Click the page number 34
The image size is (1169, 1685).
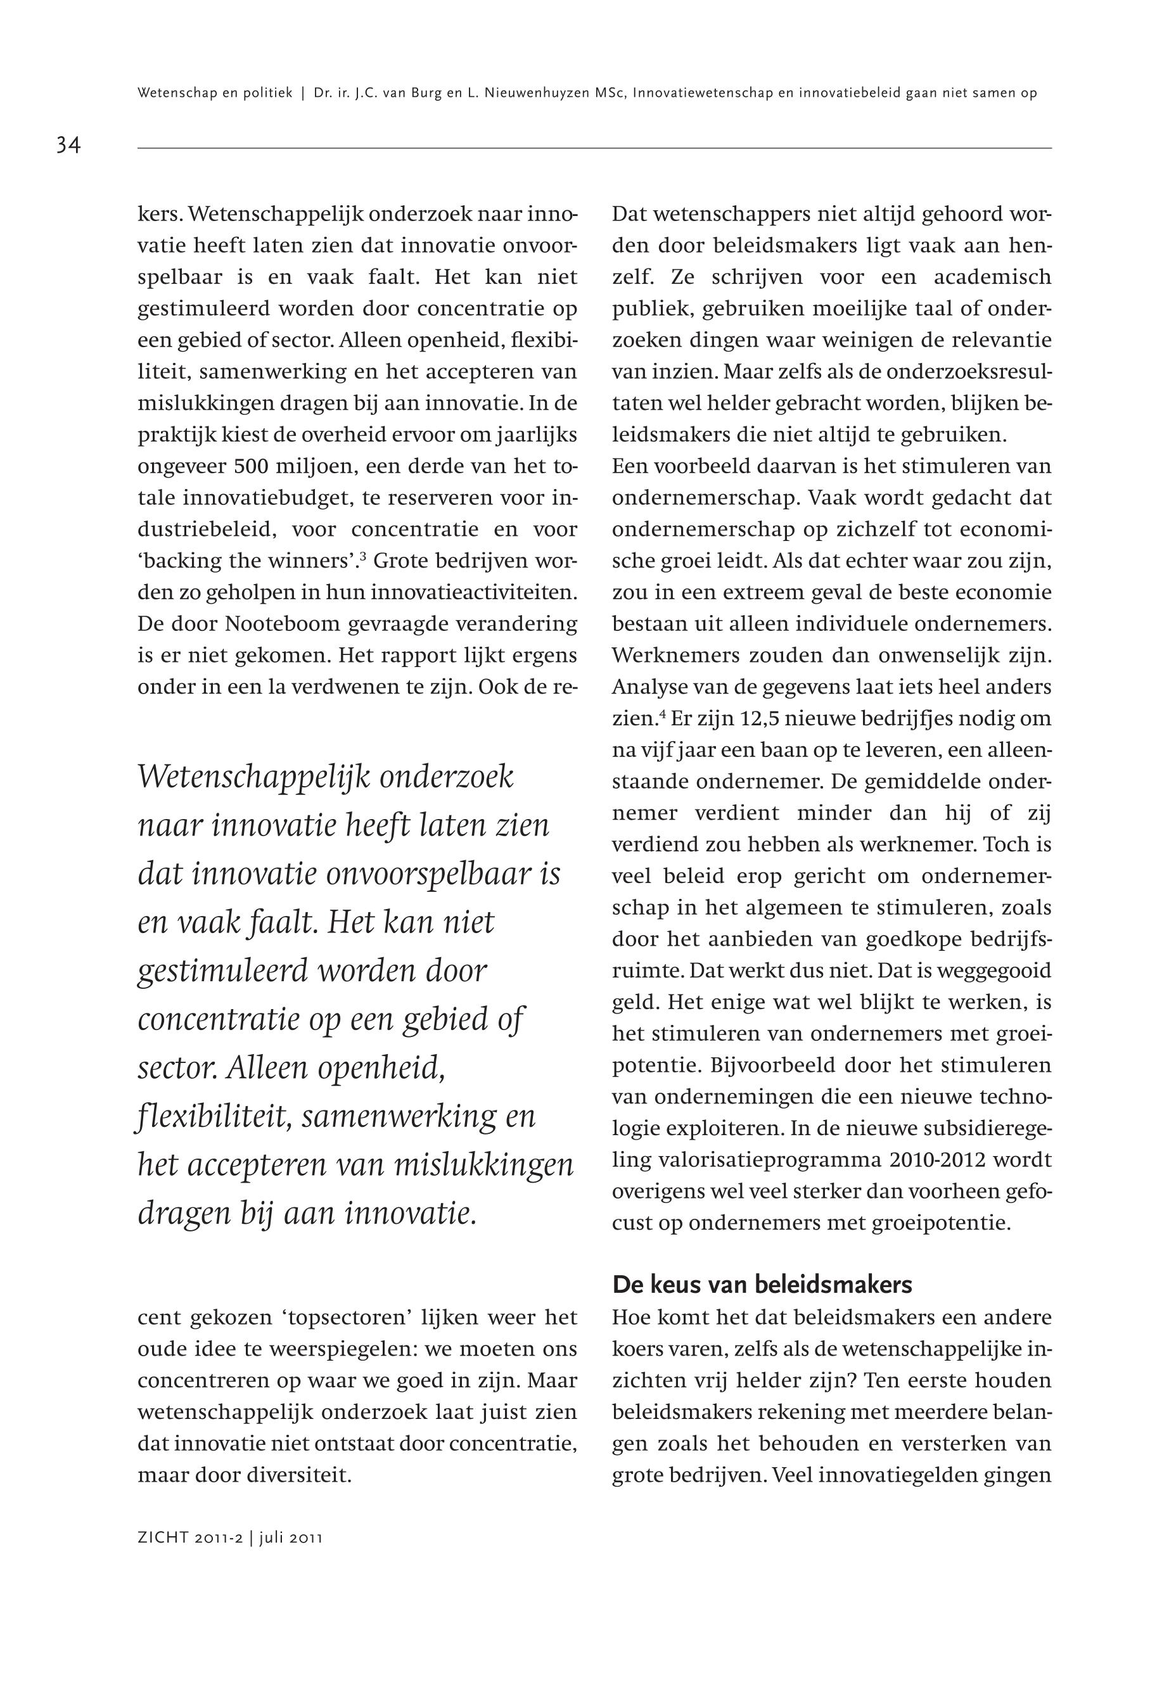coord(68,145)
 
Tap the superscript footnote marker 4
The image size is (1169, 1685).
coord(661,713)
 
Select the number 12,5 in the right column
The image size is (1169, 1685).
coord(764,719)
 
